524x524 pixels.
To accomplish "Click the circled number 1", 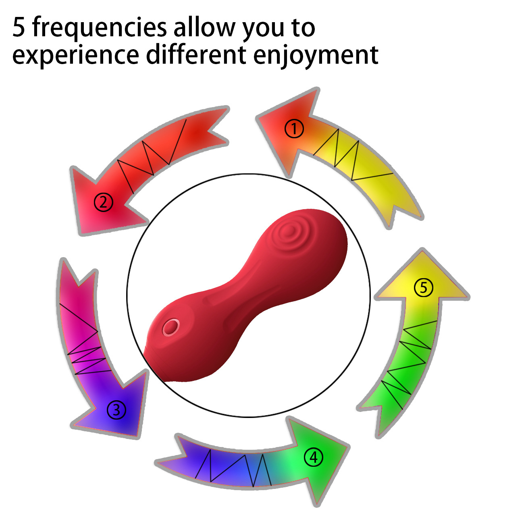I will [294, 129].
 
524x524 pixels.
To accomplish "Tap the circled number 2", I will [104, 202].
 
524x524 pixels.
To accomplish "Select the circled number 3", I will [116, 410].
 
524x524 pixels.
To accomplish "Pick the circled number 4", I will [314, 457].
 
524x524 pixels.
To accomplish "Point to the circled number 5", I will [424, 288].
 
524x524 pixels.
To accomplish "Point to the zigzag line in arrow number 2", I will [151, 155].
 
